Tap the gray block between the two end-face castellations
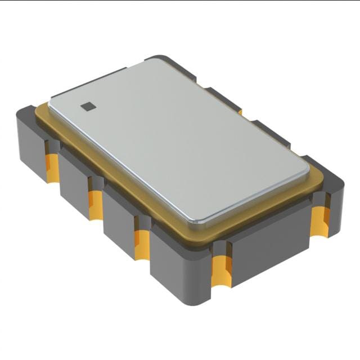pos(270,247)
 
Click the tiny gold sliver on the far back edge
pos(240,112)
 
